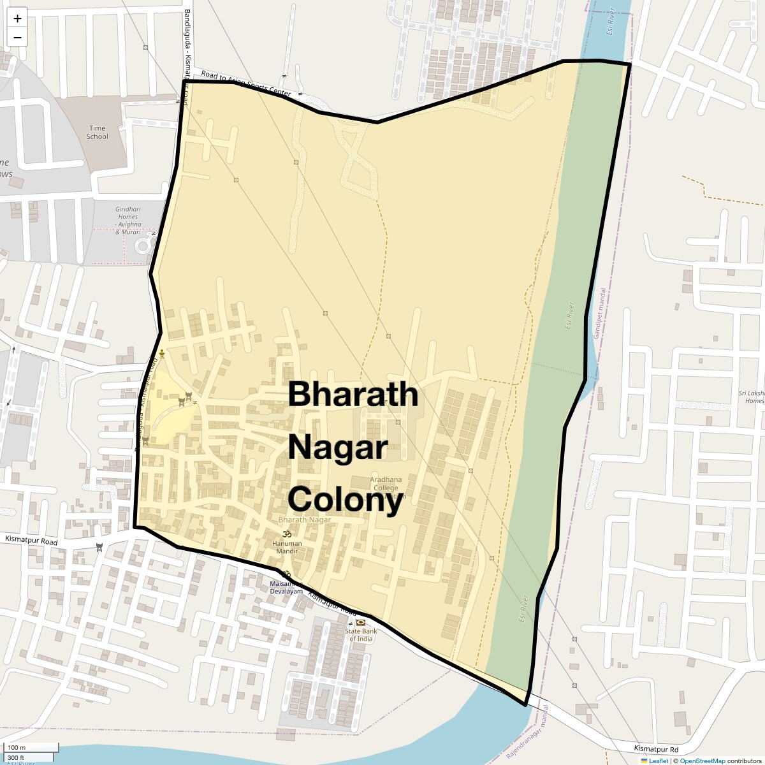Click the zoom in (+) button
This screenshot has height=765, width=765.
click(17, 18)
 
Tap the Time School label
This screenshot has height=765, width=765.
click(97, 132)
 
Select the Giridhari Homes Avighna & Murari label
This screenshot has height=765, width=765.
click(127, 220)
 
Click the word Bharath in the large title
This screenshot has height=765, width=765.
click(353, 394)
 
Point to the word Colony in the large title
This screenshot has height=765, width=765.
click(345, 500)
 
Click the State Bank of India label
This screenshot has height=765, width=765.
click(360, 635)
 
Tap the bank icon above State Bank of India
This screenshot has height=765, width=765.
click(361, 622)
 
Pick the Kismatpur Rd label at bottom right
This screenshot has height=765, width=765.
click(656, 749)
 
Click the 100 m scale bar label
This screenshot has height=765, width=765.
click(17, 747)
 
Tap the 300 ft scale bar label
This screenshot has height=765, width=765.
click(16, 757)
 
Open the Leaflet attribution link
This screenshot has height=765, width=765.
click(658, 761)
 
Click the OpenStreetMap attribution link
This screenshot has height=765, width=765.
click(702, 761)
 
